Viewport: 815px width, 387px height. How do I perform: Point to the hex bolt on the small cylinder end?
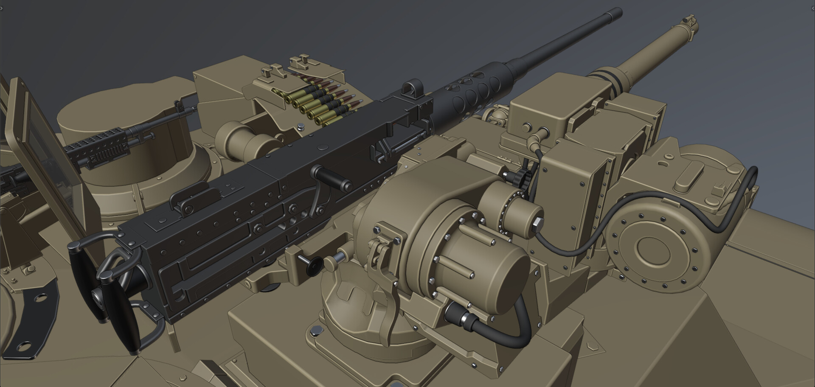[x=536, y=222]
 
